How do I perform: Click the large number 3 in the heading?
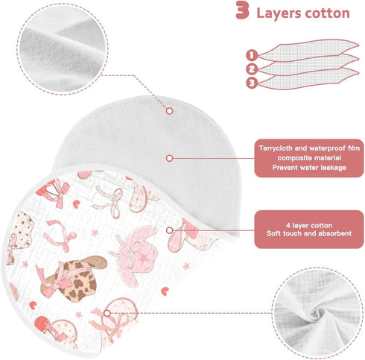242,10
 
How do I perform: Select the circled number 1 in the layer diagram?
252,55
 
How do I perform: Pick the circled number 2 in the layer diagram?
252,69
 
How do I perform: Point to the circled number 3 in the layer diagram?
252,83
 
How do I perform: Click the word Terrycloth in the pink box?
276,148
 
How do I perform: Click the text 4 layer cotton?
309,225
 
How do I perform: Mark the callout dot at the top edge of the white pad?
170,111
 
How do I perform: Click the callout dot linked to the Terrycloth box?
170,158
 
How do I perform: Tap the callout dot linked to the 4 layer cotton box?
170,230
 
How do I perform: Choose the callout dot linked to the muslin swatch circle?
107,313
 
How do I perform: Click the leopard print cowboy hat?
74,278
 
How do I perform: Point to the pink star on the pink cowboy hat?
143,259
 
